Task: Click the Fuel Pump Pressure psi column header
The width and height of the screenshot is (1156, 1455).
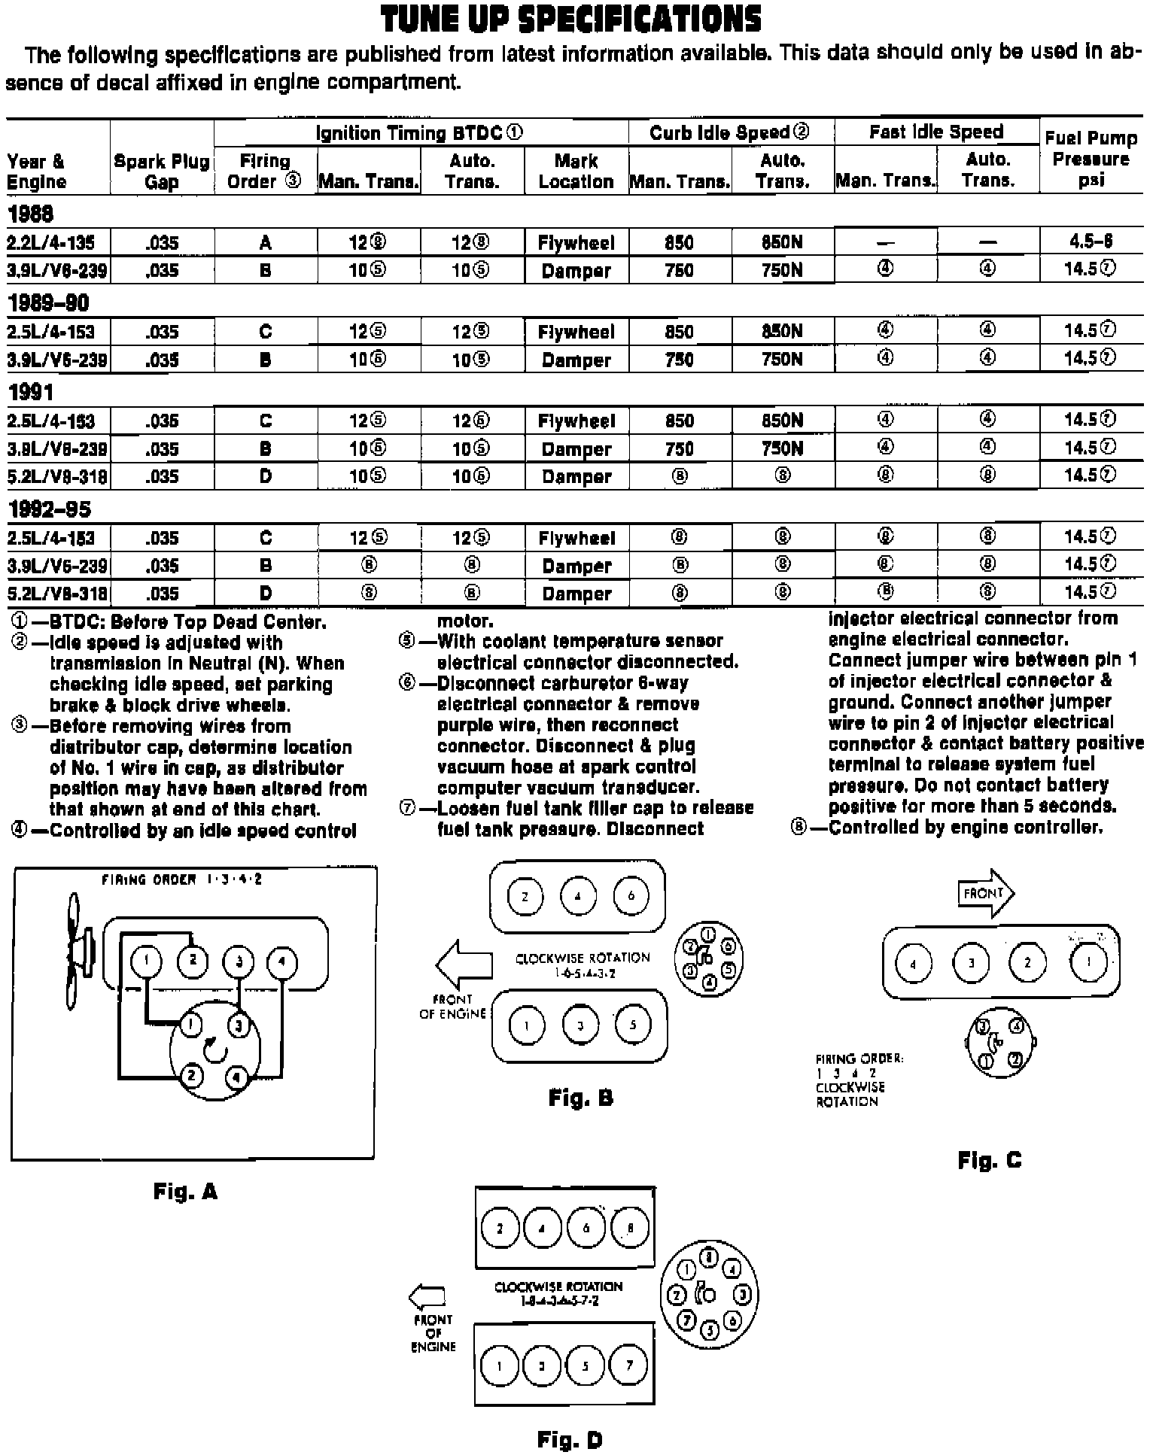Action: pos(1091,159)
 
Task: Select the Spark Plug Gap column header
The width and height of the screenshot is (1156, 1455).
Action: pos(162,172)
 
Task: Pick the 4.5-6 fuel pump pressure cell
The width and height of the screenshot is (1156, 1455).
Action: pos(1091,241)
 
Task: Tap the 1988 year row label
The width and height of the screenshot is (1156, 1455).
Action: pos(30,215)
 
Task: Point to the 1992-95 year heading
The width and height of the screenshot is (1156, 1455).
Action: pos(48,510)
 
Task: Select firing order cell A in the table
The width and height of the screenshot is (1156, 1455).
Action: pos(265,243)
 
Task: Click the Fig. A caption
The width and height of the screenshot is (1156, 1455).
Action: pos(185,1192)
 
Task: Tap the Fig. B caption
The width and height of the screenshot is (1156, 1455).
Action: pos(580,1099)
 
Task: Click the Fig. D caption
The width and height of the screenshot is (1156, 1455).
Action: pos(570,1441)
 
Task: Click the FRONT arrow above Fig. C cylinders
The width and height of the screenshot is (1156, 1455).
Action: pos(986,894)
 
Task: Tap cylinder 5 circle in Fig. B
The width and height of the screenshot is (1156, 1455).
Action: pos(632,1025)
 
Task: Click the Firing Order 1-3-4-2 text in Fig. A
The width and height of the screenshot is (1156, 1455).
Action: pos(182,879)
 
